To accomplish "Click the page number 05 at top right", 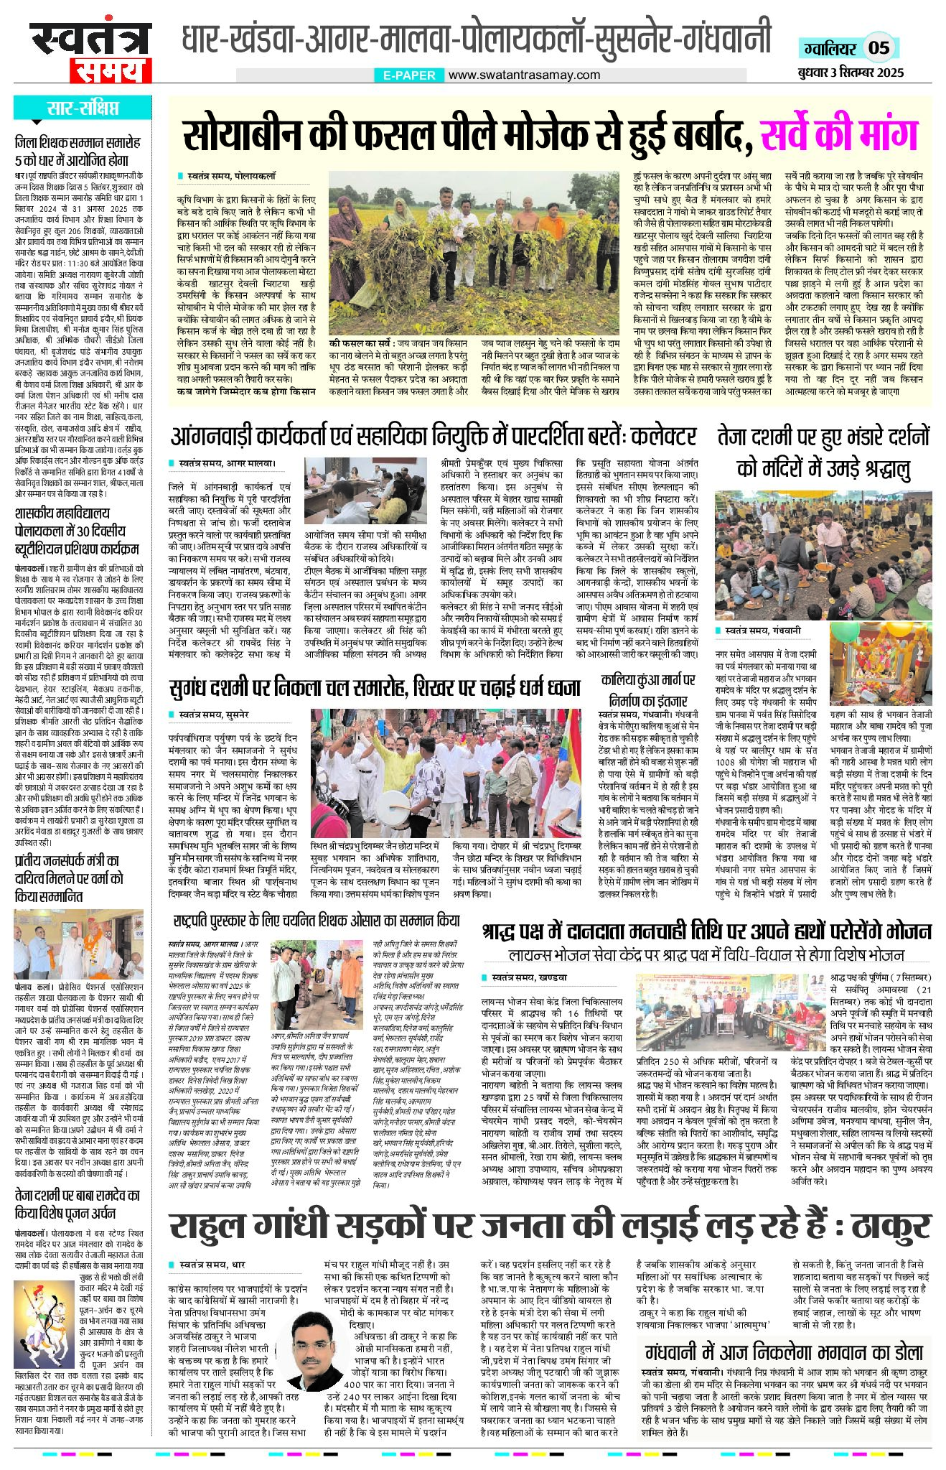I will pyautogui.click(x=879, y=48).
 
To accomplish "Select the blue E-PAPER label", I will pyautogui.click(x=409, y=75).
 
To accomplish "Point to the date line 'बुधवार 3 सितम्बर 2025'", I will pyautogui.click(x=850, y=73).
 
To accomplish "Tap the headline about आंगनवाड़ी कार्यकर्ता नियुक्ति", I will pyautogui.click(x=433, y=436).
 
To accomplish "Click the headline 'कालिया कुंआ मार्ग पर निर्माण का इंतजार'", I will pyautogui.click(x=648, y=690).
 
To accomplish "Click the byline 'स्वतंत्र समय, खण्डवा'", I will pyautogui.click(x=530, y=977).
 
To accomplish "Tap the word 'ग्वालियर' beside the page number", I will pyautogui.click(x=828, y=48).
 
